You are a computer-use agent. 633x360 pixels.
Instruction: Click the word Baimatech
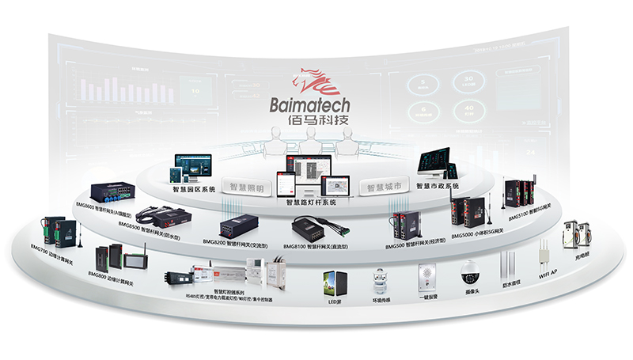tap(315, 104)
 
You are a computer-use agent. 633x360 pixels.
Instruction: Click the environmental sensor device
tap(381, 280)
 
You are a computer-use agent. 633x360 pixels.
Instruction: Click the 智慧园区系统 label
tap(192, 189)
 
